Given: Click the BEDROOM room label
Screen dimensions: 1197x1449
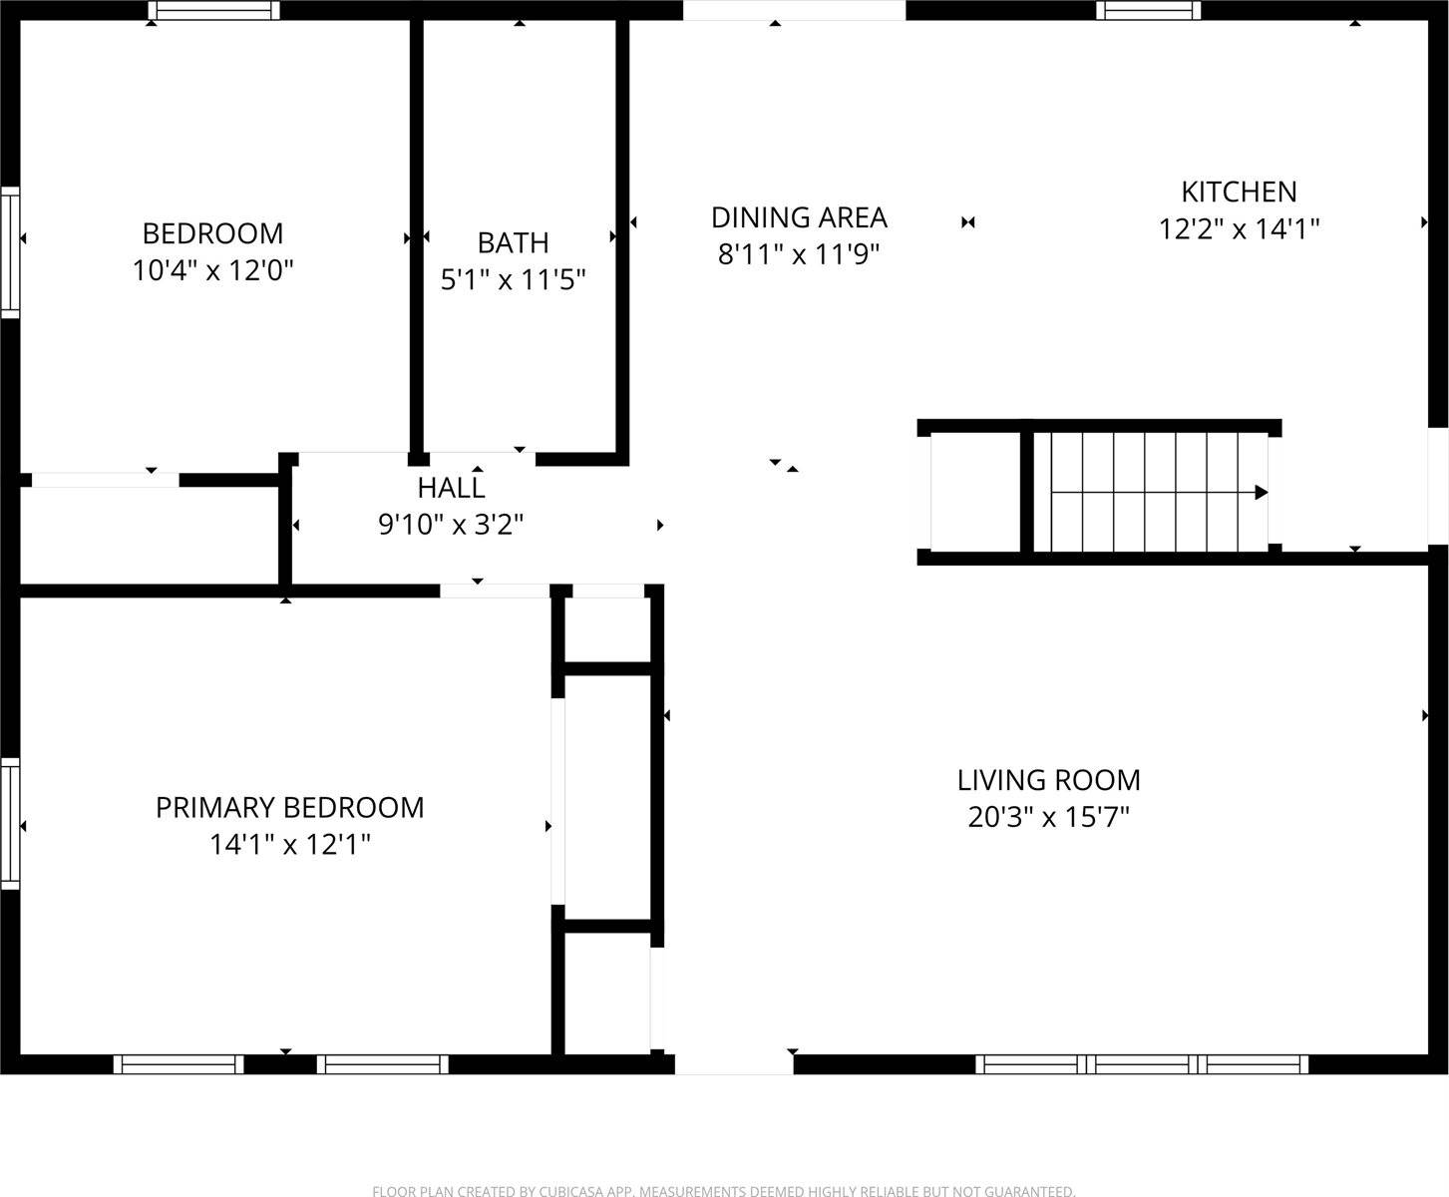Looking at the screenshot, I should [x=212, y=233].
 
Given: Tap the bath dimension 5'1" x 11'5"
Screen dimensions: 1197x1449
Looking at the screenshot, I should [x=513, y=279].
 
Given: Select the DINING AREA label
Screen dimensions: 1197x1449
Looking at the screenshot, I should [x=799, y=217].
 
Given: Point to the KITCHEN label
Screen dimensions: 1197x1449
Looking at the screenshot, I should [x=1239, y=192].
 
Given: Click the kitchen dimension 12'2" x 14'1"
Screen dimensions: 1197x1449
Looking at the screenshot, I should [x=1239, y=229].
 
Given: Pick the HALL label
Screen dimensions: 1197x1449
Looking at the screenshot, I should [x=451, y=488].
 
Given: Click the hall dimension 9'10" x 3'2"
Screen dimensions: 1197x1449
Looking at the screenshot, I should [x=451, y=524].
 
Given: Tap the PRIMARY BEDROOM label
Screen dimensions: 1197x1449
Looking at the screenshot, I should [x=289, y=807].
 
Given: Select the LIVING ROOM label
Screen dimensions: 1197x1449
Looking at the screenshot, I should [x=1048, y=780].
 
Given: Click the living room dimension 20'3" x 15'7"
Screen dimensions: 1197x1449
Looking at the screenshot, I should [x=1048, y=818].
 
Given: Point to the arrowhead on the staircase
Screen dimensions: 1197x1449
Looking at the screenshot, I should [x=1261, y=492].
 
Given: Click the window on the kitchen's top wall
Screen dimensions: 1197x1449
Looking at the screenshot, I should [x=1148, y=11].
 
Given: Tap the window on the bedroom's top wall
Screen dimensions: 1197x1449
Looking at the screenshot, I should [x=213, y=11].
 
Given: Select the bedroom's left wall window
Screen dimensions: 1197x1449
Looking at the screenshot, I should [x=10, y=251].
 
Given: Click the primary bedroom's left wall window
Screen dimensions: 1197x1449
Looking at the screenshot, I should [x=10, y=823].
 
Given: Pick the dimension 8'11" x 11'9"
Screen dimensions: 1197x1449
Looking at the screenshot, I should [x=799, y=255].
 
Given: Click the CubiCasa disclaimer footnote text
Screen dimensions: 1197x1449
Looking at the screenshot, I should [x=723, y=1190].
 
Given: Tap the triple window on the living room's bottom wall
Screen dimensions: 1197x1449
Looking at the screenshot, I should [x=1141, y=1064].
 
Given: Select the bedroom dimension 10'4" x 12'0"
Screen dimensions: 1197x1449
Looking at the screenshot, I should [x=212, y=270].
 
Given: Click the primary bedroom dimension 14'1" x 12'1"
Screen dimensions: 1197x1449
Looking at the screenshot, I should [x=289, y=845].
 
